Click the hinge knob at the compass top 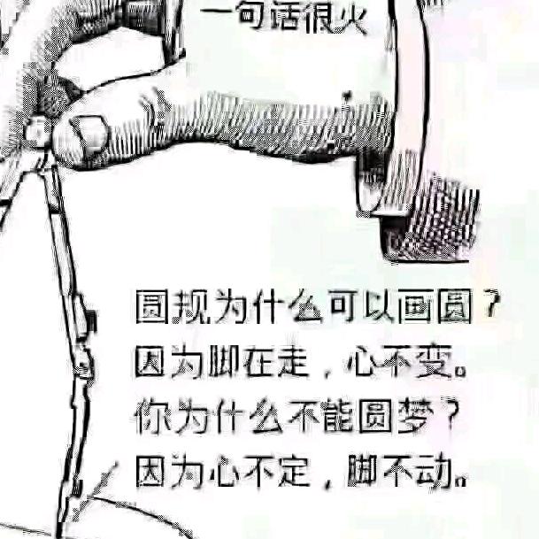[x=36, y=133]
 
